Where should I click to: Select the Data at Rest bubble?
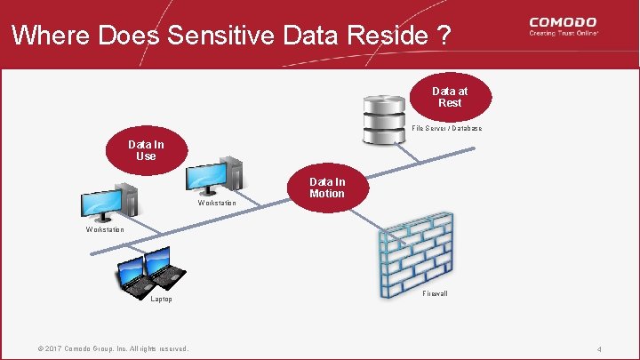coord(450,97)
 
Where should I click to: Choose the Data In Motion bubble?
coord(326,188)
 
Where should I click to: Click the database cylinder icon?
coord(385,119)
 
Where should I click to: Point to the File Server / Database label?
coord(447,129)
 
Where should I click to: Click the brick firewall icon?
coord(414,252)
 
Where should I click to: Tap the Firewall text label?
coord(436,293)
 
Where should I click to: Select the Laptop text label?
coord(161,300)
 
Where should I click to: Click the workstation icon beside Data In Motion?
coord(211,175)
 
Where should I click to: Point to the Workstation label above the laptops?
coord(105,230)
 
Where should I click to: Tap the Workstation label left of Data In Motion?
coord(217,204)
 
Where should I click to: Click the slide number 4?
coord(599,349)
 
